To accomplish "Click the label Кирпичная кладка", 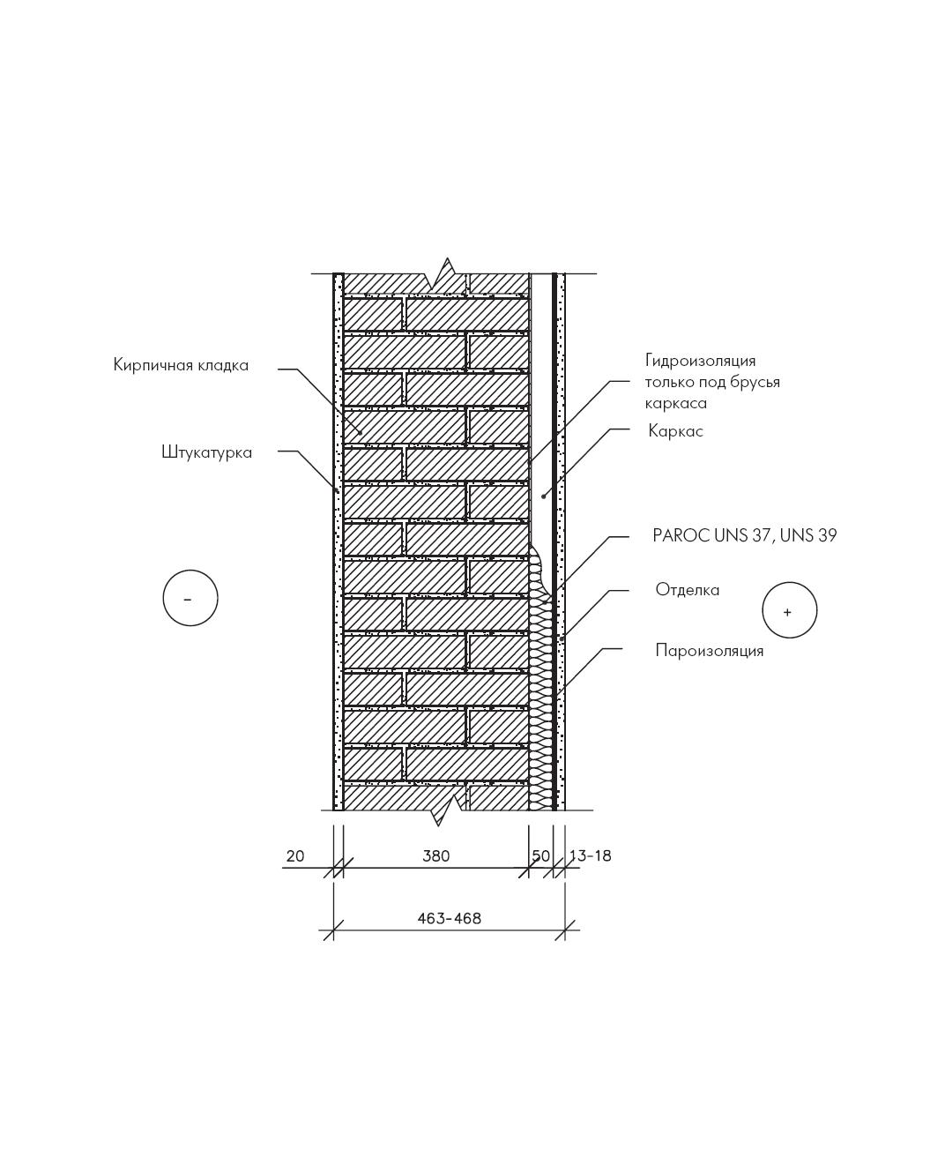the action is (181, 365).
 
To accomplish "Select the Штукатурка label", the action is (207, 452).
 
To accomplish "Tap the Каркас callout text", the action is (676, 430).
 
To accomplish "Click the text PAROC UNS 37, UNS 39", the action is (745, 535).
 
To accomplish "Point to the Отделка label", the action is (688, 590).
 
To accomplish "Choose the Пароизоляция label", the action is (709, 651).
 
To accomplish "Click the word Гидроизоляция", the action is (701, 361).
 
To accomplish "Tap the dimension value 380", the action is (436, 855).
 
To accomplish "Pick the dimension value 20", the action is (295, 855).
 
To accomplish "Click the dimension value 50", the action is (540, 855).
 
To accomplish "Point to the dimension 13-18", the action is (590, 855).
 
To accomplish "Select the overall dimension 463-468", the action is (450, 918).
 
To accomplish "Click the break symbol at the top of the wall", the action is (445, 273).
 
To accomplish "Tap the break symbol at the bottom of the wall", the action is (447, 810).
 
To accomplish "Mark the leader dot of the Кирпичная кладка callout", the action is (361, 433).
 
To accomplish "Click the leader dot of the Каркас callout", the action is (544, 497).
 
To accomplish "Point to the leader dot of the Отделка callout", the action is (562, 639).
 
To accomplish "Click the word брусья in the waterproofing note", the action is (757, 383).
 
